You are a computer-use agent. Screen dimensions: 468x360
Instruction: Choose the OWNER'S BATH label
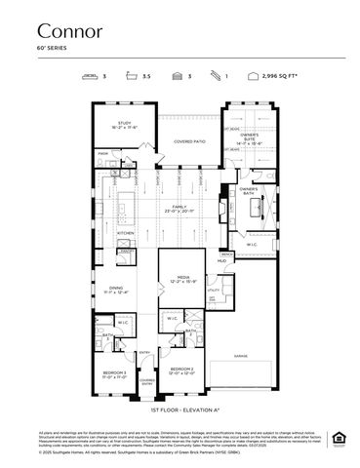[248, 190]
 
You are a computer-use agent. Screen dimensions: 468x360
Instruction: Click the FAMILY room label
[180, 209]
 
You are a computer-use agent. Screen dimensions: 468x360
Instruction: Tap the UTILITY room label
[214, 290]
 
